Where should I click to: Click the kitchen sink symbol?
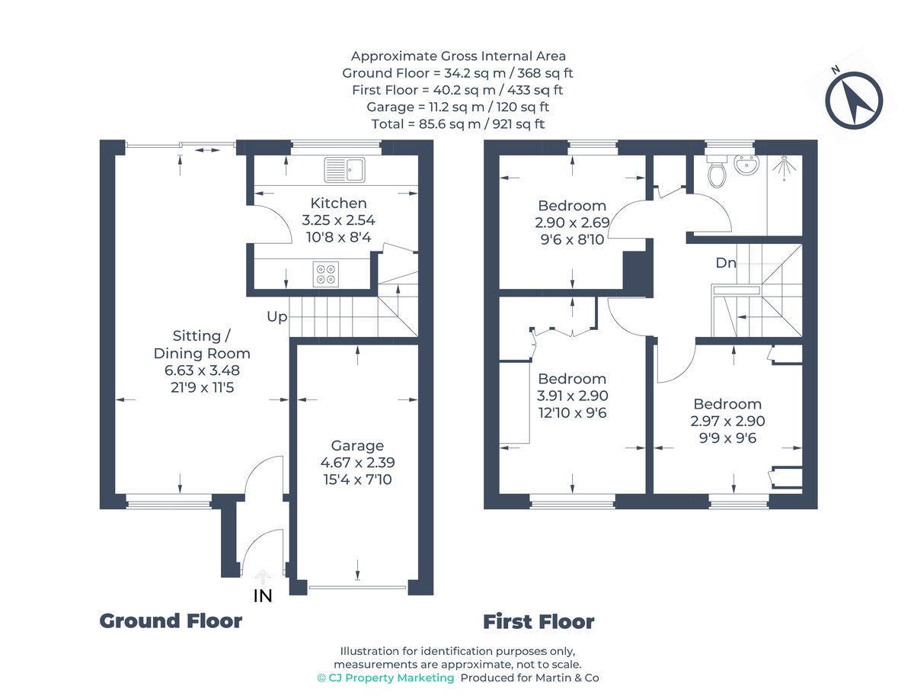[x=345, y=170]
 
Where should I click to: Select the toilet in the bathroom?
[x=716, y=171]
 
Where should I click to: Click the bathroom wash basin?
[x=746, y=163]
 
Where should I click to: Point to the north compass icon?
[x=854, y=99]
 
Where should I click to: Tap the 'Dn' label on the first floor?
[x=725, y=263]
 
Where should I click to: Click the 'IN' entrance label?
[x=263, y=596]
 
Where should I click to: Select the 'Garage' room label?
[x=357, y=446]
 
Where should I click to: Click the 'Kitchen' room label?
[x=338, y=204]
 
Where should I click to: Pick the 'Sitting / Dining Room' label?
[x=202, y=345]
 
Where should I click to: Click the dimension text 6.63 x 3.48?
[x=202, y=370]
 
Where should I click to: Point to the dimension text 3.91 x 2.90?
[x=572, y=396]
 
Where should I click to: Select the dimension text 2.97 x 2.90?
[x=727, y=422]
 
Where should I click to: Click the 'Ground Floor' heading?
[x=171, y=621]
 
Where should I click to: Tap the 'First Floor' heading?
[x=538, y=622]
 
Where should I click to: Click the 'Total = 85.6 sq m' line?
[x=458, y=123]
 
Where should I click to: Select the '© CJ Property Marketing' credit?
[x=385, y=678]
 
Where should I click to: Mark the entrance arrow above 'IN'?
[x=263, y=576]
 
